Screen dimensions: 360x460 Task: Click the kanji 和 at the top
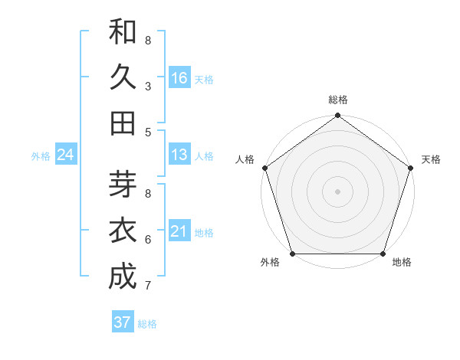pos(123,31)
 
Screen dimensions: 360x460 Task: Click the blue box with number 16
pos(179,77)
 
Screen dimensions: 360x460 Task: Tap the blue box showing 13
pos(179,155)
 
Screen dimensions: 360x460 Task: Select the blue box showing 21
pos(179,231)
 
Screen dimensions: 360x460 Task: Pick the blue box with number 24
pos(65,155)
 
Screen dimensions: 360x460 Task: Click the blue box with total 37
pos(122,322)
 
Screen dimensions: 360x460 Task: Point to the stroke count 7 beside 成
pos(147,286)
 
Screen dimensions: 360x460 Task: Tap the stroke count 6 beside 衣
pos(147,240)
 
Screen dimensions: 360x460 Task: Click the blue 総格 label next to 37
pos(147,324)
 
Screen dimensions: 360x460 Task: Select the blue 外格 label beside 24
pos(41,156)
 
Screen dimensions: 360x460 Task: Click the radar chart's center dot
pos(337,191)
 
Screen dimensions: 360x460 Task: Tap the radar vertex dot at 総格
pos(337,116)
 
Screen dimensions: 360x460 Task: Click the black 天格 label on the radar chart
pos(431,159)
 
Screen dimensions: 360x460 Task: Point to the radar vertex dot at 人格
pos(265,168)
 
